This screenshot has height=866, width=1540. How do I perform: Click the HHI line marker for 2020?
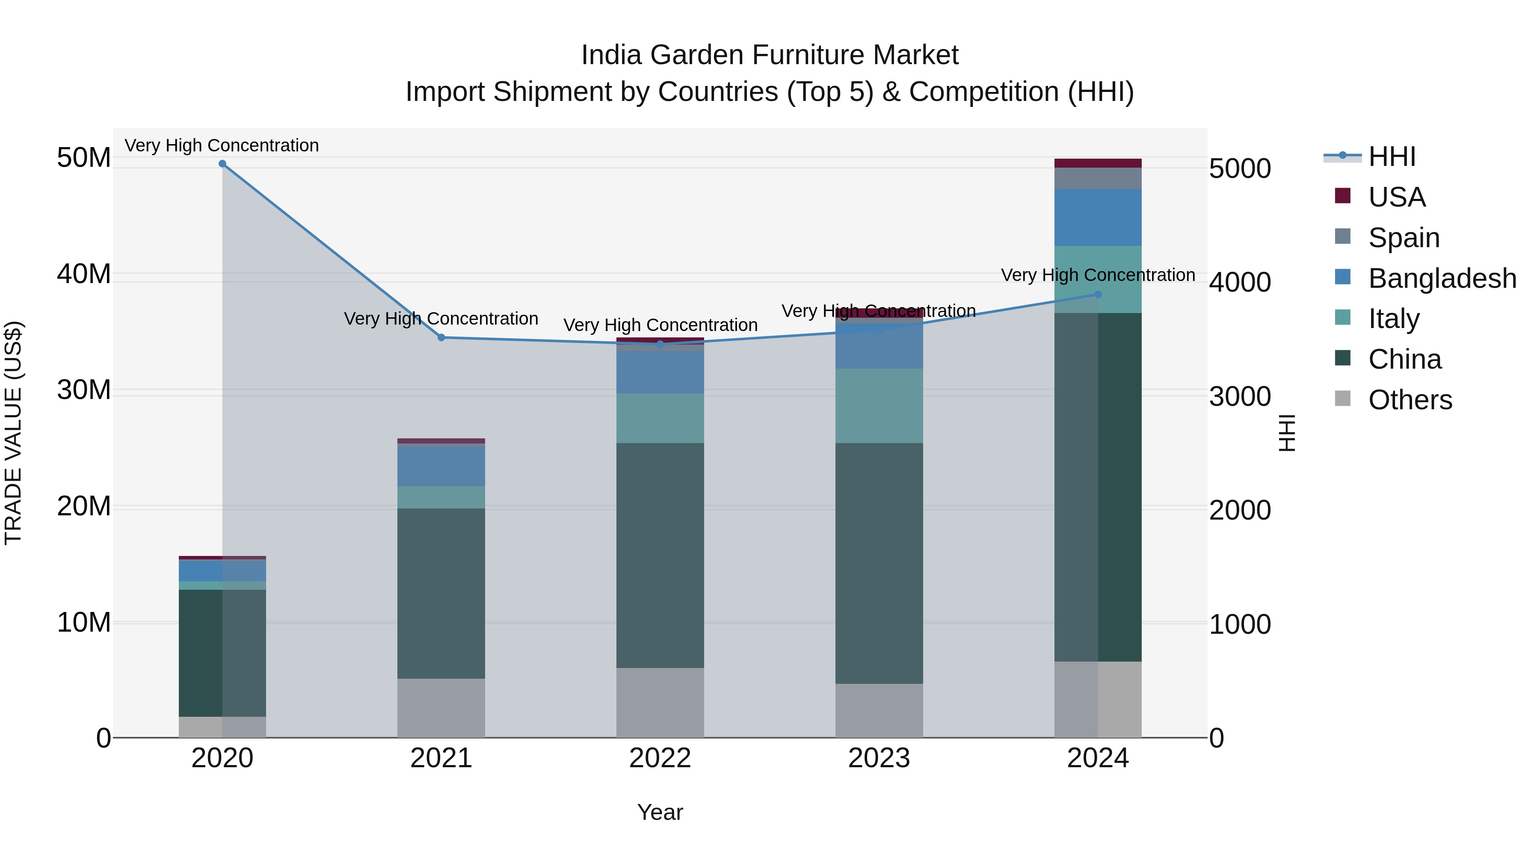[222, 164]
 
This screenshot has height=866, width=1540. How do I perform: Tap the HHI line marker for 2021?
[441, 338]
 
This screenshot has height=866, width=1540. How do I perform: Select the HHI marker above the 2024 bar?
[1098, 295]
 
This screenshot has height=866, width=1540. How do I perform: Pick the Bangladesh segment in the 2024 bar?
[1098, 218]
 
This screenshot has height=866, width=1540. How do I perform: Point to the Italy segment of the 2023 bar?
[879, 406]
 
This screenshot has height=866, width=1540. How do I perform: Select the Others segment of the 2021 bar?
[441, 708]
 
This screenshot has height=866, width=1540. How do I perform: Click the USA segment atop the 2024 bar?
[1098, 163]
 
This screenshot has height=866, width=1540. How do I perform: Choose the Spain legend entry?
[1403, 238]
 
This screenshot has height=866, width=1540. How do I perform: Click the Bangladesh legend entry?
[1441, 278]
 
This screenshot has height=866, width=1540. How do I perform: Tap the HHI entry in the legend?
[1391, 157]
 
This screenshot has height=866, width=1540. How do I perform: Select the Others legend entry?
[1409, 400]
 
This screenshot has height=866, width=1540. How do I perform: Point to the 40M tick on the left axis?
[84, 274]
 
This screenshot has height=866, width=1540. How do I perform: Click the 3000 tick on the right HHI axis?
[1240, 396]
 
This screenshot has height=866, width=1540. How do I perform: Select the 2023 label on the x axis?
[879, 758]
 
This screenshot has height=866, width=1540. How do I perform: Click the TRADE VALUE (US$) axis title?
[13, 433]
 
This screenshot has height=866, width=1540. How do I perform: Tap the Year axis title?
[660, 812]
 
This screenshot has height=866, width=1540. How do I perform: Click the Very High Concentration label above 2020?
[222, 145]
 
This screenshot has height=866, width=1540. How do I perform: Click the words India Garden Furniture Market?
[770, 55]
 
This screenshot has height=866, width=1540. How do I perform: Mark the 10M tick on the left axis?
[84, 623]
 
